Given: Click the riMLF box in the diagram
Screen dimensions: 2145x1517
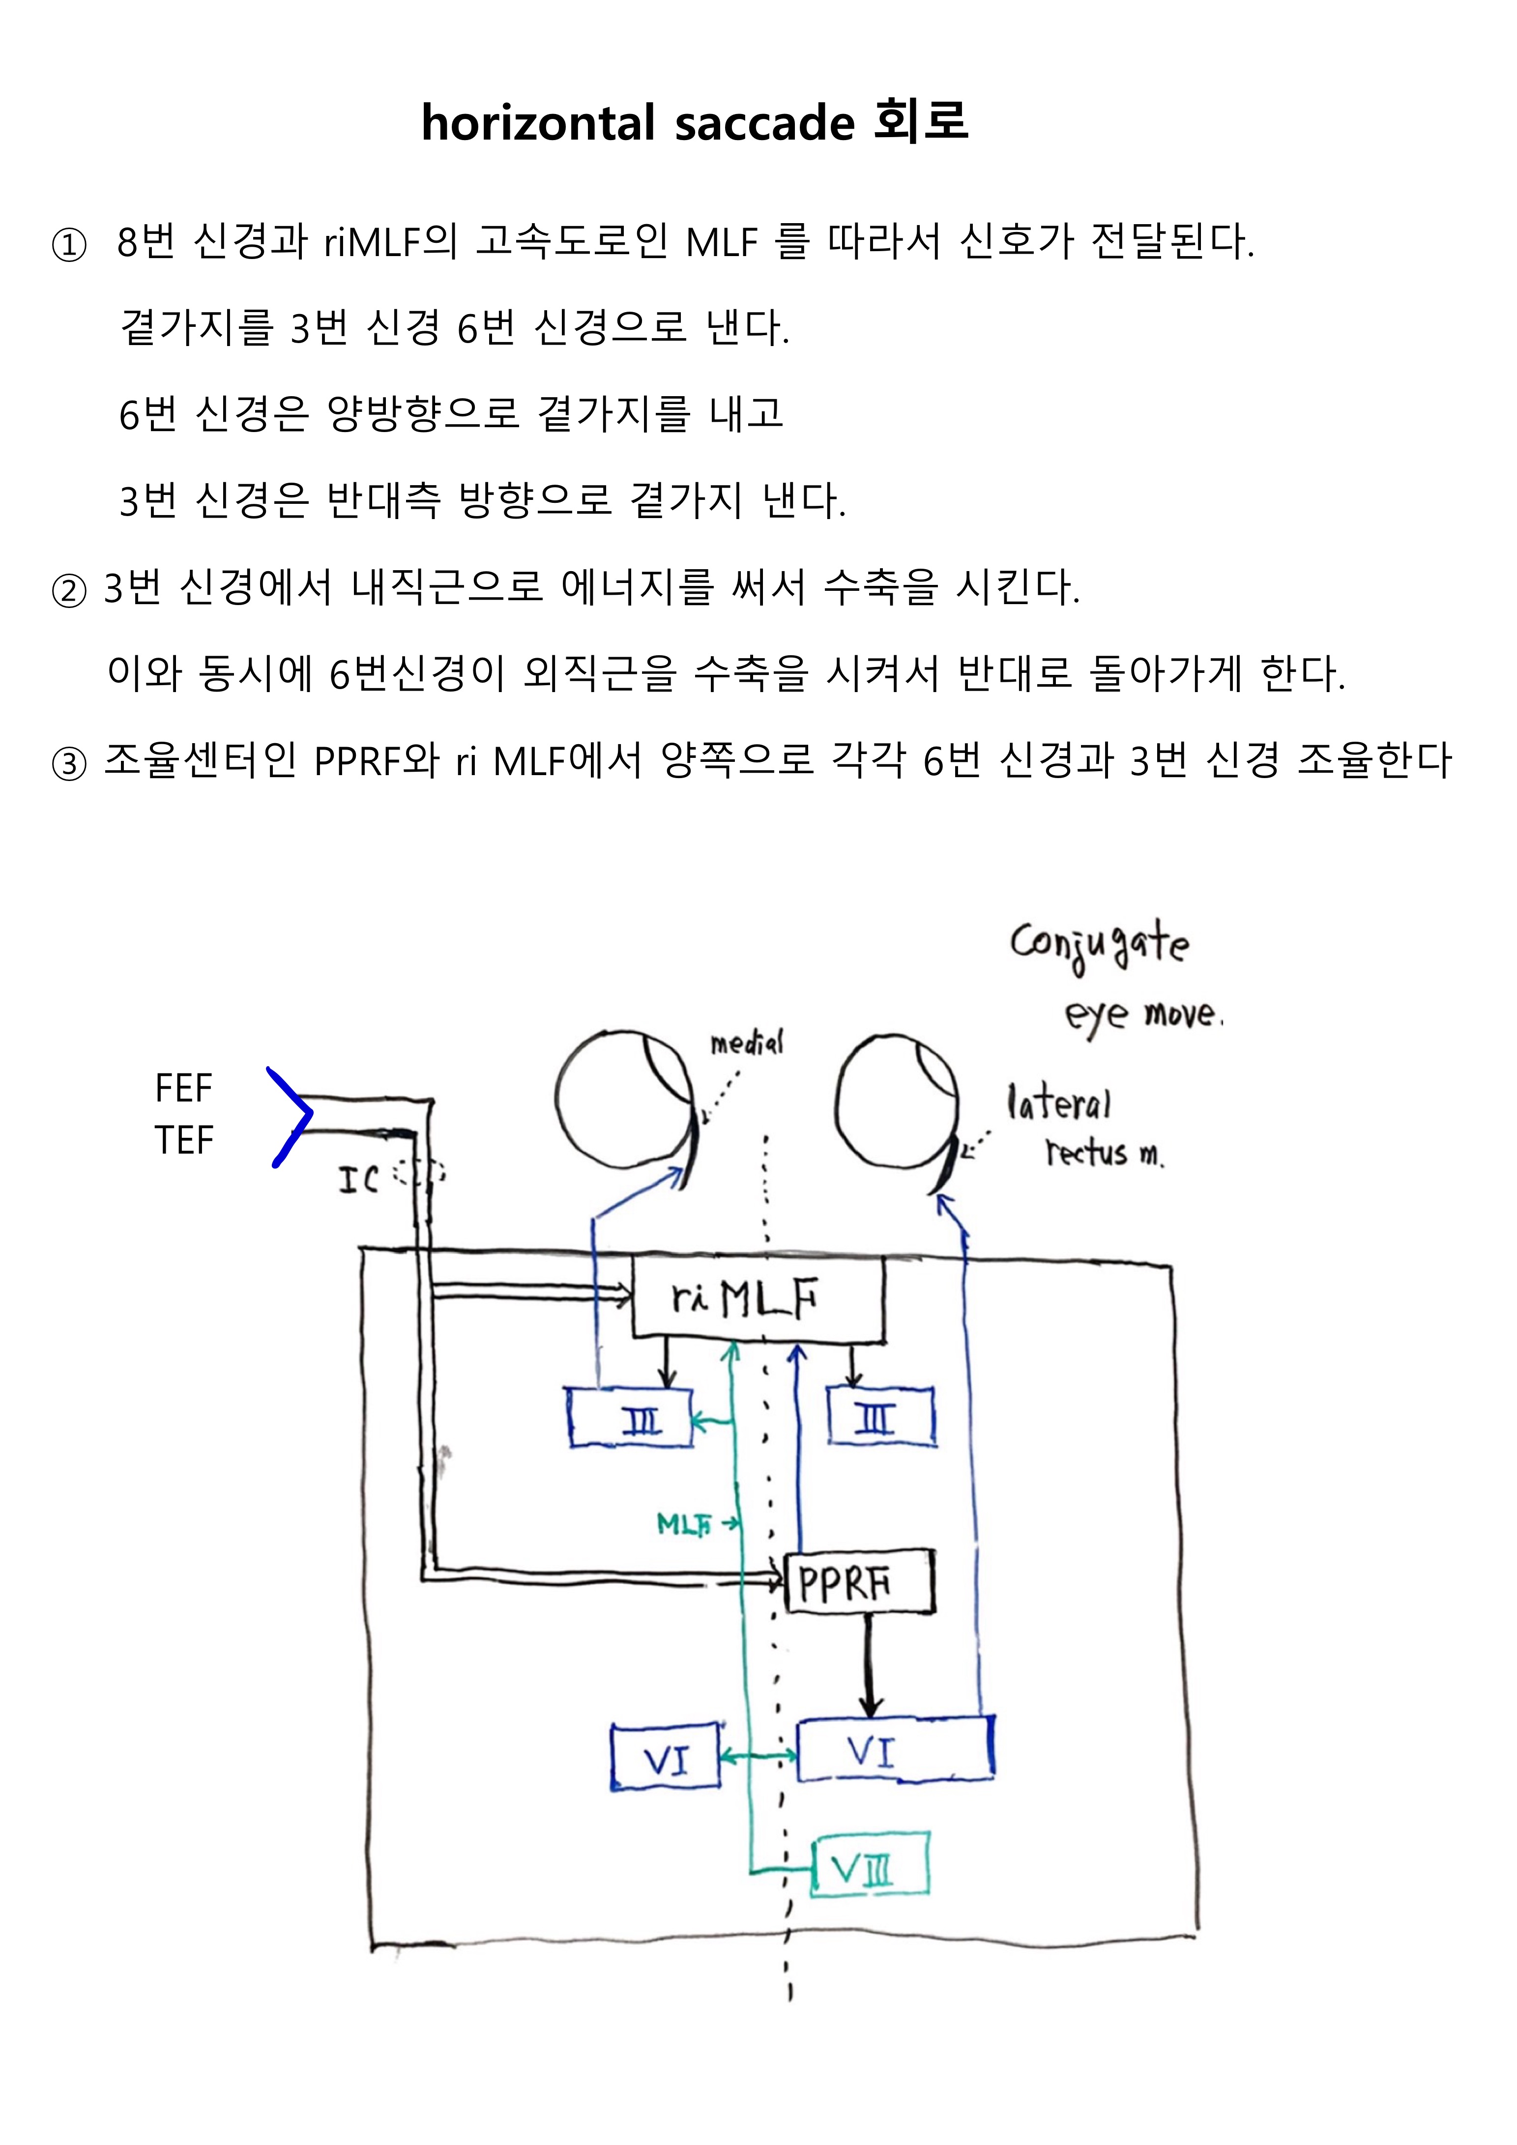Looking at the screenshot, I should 758,1299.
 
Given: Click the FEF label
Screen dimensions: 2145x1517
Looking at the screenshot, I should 184,1088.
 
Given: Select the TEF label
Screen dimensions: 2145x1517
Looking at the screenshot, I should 184,1141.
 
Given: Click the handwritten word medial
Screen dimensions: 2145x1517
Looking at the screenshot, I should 746,1044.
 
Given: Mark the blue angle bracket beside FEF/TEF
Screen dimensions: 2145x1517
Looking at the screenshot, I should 290,1115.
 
